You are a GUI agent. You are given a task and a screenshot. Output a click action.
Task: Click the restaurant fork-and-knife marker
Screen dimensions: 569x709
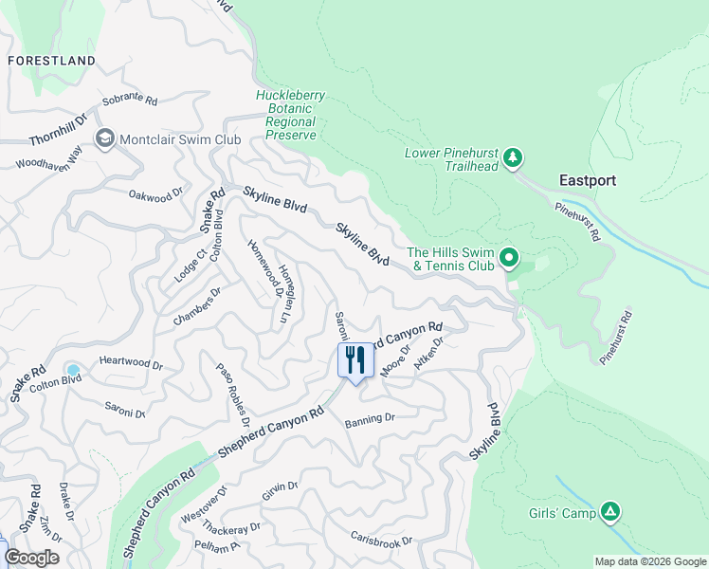356,361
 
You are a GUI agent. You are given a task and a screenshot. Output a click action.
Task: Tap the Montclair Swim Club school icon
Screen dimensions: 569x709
104,139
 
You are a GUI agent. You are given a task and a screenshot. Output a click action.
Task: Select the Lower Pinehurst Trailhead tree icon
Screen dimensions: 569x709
513,157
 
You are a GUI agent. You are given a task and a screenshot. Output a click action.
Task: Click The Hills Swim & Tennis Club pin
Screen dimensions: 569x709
509,257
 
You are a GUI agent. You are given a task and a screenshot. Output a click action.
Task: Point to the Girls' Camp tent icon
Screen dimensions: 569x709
611,513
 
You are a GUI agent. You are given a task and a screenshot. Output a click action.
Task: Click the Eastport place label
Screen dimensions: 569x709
587,180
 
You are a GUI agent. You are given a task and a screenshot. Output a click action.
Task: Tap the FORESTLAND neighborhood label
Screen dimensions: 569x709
51,61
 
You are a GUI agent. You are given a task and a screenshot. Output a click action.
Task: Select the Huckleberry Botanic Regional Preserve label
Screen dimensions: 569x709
290,115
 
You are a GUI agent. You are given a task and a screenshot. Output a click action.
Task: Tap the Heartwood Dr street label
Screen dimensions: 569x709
131,363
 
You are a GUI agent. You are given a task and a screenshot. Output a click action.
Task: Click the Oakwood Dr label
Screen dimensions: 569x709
155,194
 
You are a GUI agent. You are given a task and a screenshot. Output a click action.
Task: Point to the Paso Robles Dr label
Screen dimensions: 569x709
234,393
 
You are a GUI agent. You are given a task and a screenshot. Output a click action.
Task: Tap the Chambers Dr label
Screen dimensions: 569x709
196,306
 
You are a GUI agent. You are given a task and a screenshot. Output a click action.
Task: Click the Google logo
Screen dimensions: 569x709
31,558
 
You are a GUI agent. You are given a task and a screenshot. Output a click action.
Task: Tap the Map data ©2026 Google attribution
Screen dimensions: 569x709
649,561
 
